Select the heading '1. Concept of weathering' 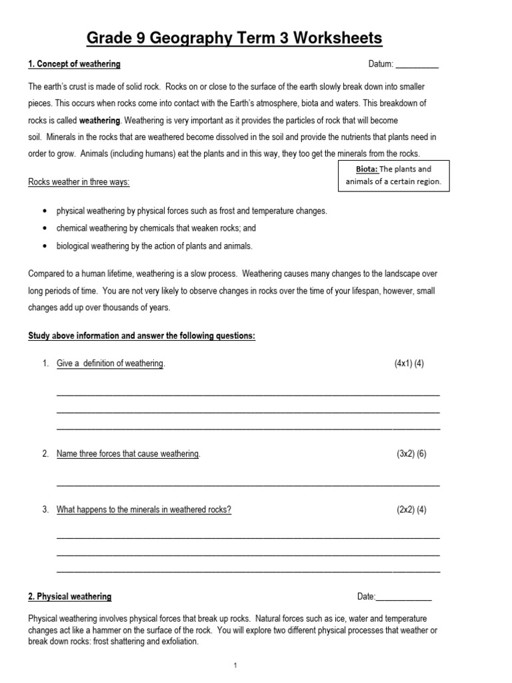pyautogui.click(x=74, y=65)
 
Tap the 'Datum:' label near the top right pyautogui.click(x=381, y=65)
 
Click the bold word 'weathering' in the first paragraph pyautogui.click(x=100, y=121)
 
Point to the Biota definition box pyautogui.click(x=393, y=175)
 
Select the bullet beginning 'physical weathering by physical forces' pyautogui.click(x=191, y=211)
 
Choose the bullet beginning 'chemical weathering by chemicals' pyautogui.click(x=156, y=228)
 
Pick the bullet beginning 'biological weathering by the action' pyautogui.click(x=155, y=245)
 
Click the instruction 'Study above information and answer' pyautogui.click(x=141, y=335)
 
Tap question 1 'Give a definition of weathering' pyautogui.click(x=110, y=364)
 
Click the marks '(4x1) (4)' pyautogui.click(x=409, y=364)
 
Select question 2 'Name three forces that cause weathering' pyautogui.click(x=128, y=454)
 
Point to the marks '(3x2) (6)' pyautogui.click(x=411, y=454)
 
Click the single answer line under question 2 pyautogui.click(x=248, y=484)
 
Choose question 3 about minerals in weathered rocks pyautogui.click(x=144, y=510)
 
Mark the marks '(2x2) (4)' pyautogui.click(x=411, y=510)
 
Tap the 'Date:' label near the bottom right pyautogui.click(x=367, y=596)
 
